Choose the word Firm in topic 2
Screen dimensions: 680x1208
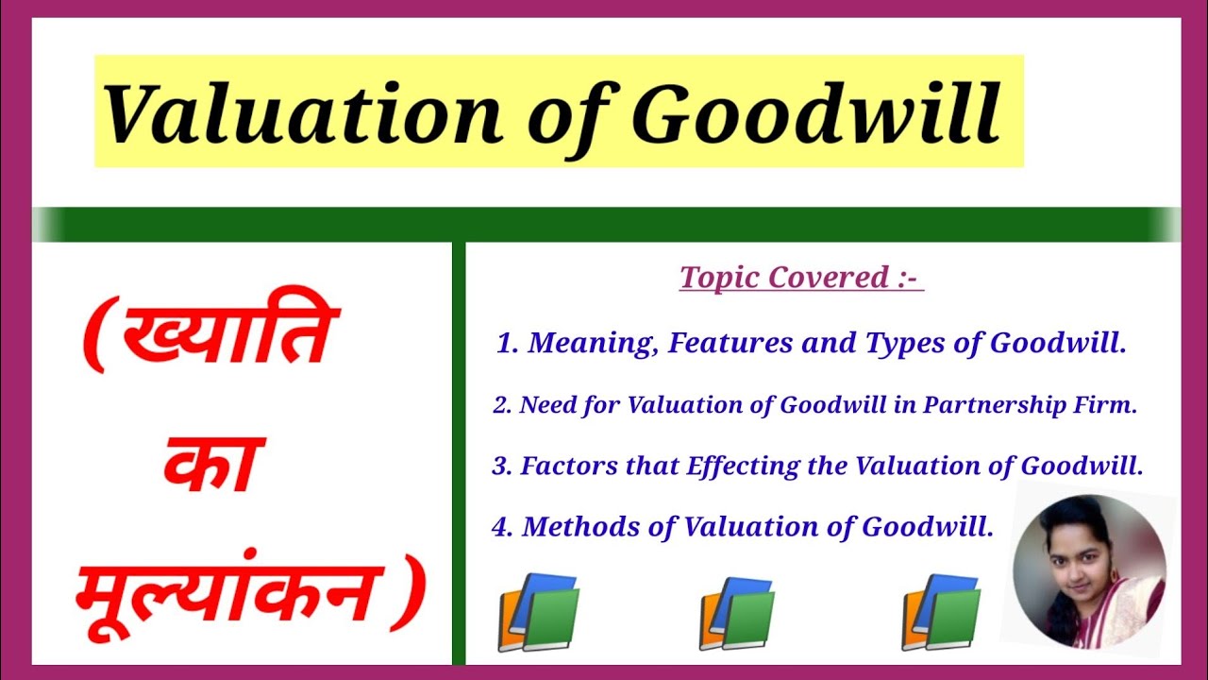point(1112,405)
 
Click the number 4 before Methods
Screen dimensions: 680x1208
point(500,527)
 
